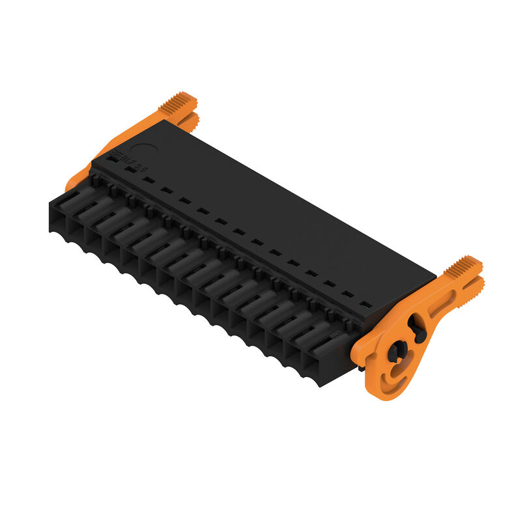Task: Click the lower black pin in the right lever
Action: pyautogui.click(x=395, y=352)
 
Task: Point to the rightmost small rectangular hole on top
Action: pyautogui.click(x=366, y=304)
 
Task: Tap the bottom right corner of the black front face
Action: pyautogui.click(x=319, y=385)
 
